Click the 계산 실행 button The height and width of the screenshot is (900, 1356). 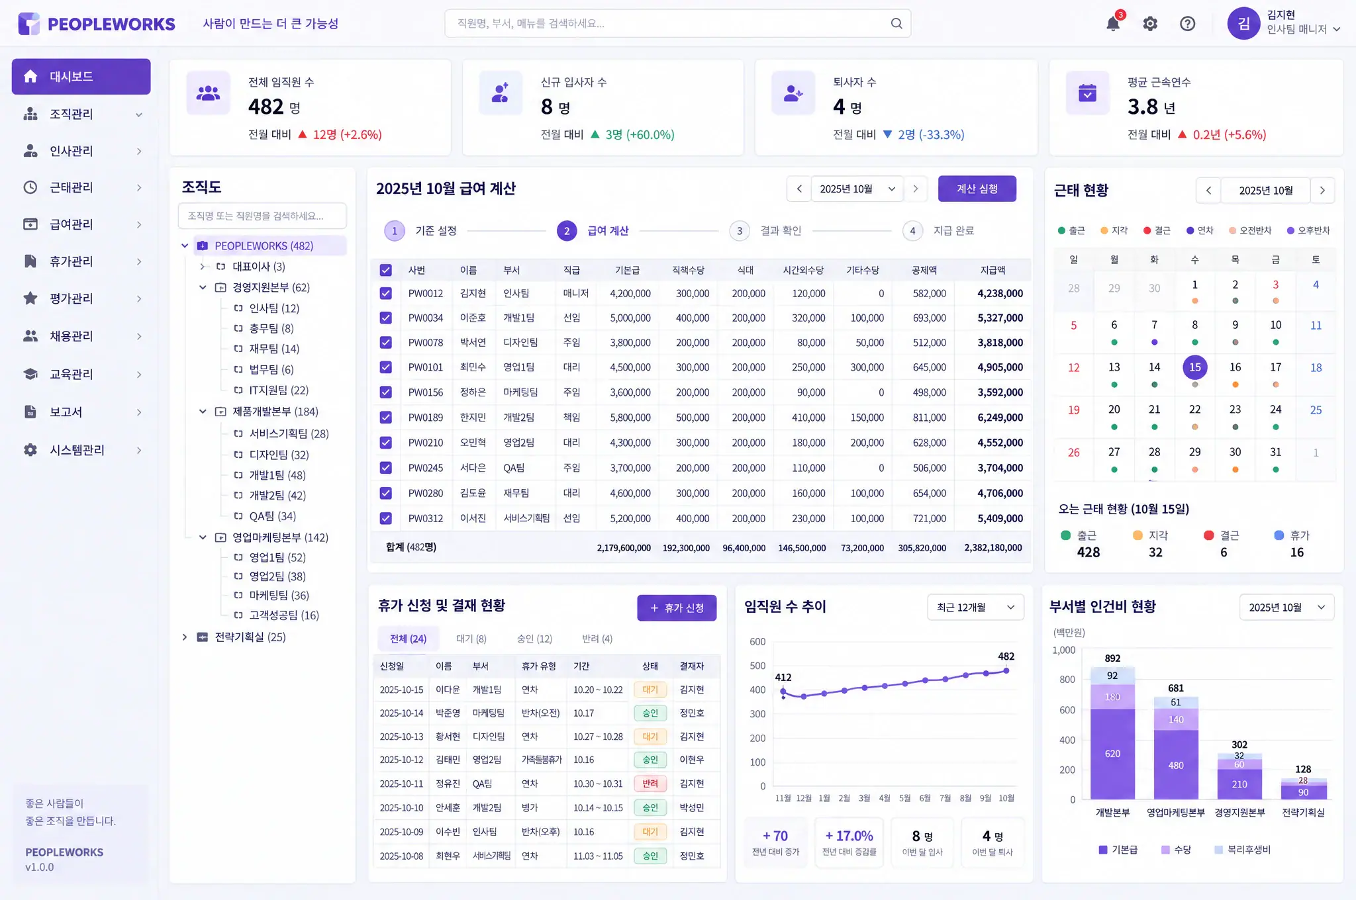(x=977, y=189)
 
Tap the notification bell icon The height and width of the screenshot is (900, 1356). (x=1113, y=24)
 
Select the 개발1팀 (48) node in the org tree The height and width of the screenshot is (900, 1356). (x=277, y=475)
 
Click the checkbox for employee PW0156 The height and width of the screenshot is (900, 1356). (x=386, y=392)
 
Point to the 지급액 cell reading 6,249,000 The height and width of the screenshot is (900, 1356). (x=1000, y=418)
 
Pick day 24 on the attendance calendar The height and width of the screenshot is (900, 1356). (x=1275, y=410)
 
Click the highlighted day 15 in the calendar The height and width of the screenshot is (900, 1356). (x=1194, y=367)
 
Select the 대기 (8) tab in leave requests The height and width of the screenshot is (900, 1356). (x=471, y=639)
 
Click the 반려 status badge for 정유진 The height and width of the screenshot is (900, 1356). (x=650, y=784)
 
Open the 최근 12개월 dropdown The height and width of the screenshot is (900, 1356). (x=975, y=607)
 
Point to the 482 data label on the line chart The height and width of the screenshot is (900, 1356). (x=1006, y=656)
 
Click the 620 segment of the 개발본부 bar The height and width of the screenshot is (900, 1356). (x=1112, y=754)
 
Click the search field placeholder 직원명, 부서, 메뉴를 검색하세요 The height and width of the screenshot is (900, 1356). (x=530, y=24)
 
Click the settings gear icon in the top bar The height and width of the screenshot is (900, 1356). (x=1150, y=24)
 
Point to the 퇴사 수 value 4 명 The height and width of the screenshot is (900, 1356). (x=847, y=107)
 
